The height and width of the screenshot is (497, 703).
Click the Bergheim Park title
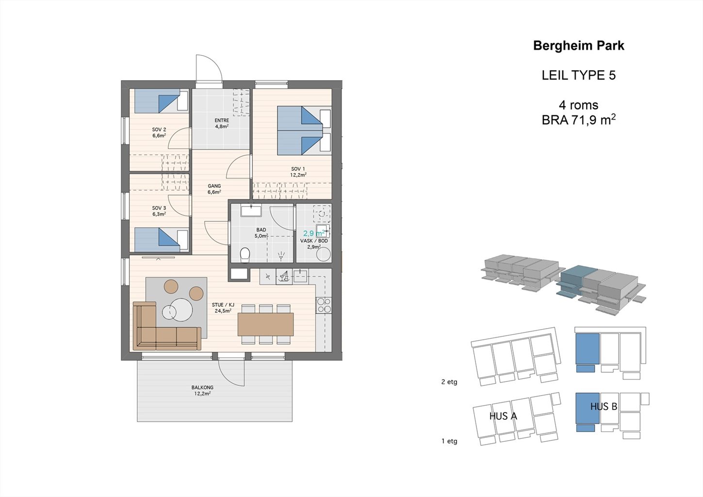point(579,46)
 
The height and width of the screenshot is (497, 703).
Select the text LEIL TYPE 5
point(579,75)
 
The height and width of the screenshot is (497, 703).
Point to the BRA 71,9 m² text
point(579,120)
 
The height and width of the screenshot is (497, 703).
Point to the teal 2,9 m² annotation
point(314,233)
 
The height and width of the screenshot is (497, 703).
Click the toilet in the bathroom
point(245,254)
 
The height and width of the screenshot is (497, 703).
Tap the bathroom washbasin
point(251,210)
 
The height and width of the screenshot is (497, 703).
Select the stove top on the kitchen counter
point(324,305)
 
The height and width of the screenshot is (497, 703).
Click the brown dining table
point(265,324)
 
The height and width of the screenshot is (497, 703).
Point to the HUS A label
point(503,416)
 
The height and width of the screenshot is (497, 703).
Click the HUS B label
point(604,407)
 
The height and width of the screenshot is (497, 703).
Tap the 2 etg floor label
point(449,382)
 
